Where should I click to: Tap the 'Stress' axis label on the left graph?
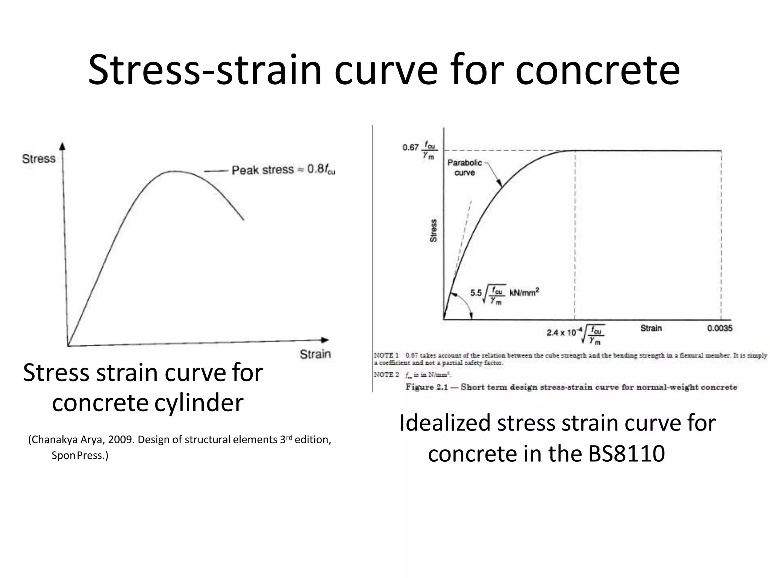[x=39, y=159]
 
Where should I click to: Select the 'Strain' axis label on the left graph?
[x=315, y=354]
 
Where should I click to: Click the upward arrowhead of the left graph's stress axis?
[x=63, y=146]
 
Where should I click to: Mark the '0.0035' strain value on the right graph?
[x=720, y=328]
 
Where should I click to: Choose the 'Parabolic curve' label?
[x=465, y=167]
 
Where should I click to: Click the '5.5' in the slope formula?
[x=476, y=293]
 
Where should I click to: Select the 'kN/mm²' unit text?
[x=524, y=292]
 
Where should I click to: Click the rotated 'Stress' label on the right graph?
[x=434, y=230]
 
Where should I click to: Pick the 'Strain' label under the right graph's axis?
[x=651, y=328]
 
